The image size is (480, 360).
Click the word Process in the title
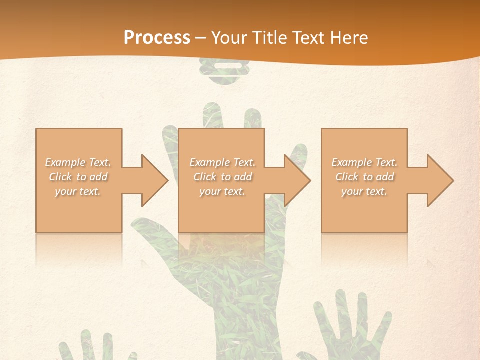click(157, 38)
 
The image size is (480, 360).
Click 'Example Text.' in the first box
click(78, 162)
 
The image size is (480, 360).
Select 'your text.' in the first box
click(78, 191)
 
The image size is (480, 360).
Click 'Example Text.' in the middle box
click(222, 162)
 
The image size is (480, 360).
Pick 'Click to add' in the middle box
click(222, 177)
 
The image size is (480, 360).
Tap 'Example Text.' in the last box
click(364, 162)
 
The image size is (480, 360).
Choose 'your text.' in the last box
click(364, 191)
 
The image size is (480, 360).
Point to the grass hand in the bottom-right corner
click(352, 330)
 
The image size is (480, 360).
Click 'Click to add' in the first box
click(78, 177)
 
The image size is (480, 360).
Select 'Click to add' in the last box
click(364, 177)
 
